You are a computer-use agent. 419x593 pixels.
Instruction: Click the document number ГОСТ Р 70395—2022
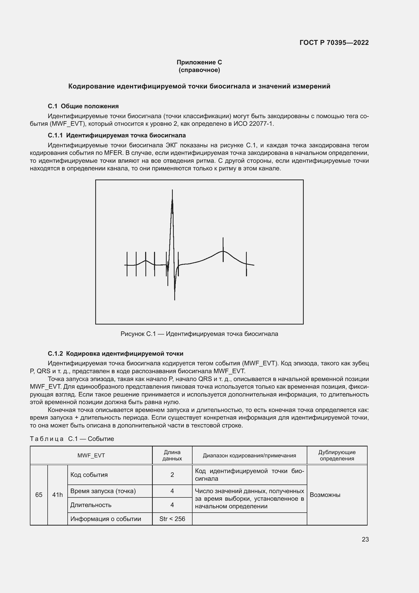(x=334, y=43)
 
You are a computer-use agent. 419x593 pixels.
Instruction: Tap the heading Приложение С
(x=199, y=62)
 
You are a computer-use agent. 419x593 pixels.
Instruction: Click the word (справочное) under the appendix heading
(x=199, y=70)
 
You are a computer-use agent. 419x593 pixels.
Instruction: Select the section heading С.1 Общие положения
(x=83, y=106)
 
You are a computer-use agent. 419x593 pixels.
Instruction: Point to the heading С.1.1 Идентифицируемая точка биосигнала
(x=117, y=135)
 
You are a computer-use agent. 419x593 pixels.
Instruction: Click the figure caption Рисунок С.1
(x=199, y=334)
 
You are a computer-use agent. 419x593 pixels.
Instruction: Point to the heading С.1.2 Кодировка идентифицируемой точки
(x=116, y=354)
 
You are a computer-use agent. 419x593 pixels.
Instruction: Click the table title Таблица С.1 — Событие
(x=72, y=439)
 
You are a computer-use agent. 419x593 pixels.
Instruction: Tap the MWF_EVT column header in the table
(x=91, y=455)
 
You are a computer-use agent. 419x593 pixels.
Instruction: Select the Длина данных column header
(x=172, y=455)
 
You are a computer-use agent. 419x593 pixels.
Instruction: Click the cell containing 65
(x=39, y=495)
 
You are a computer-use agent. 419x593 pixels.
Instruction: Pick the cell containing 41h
(x=58, y=495)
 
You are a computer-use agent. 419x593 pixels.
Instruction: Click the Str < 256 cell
(x=172, y=519)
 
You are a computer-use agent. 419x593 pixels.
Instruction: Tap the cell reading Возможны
(x=325, y=495)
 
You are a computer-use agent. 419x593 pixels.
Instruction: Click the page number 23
(x=365, y=539)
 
